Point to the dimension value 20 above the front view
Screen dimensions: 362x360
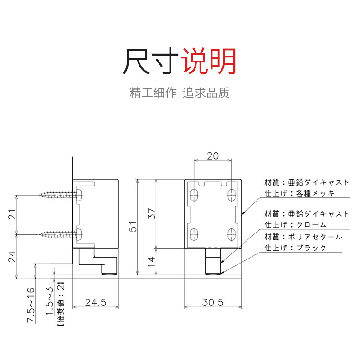coord(212,155)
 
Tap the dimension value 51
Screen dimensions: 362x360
coord(133,227)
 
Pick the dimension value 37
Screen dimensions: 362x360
coord(152,213)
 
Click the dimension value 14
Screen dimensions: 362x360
coord(152,261)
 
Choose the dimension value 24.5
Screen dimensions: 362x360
coord(96,302)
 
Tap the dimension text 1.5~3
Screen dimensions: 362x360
coord(51,297)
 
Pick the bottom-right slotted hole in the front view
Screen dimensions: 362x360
coord(231,233)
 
